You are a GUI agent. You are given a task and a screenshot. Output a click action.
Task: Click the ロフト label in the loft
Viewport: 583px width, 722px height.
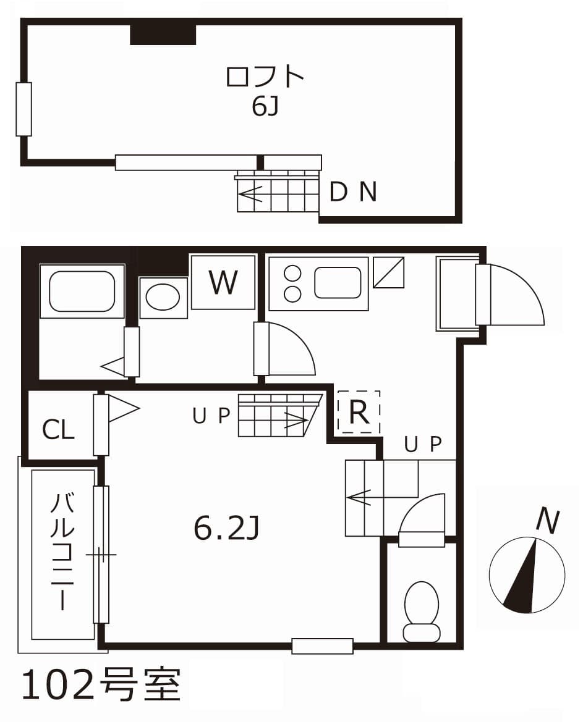265,77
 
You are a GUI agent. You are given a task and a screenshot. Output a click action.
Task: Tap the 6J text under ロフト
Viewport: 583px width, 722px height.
265,107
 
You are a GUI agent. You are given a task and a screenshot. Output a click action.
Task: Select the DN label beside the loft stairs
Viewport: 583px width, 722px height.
353,193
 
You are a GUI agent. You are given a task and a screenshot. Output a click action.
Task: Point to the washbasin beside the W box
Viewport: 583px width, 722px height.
163,298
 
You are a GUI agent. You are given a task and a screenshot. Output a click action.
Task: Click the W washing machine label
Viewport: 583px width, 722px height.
223,282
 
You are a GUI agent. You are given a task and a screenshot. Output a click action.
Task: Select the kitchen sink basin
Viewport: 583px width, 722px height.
338,283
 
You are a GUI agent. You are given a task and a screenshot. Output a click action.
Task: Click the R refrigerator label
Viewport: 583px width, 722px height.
359,412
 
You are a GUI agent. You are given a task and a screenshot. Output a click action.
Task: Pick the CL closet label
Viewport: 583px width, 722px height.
58,430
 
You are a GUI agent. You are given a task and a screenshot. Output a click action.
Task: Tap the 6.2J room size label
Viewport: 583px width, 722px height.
226,529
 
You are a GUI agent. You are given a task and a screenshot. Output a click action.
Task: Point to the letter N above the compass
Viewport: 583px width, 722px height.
547,520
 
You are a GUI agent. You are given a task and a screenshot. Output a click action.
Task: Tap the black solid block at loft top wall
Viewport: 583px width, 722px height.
163,35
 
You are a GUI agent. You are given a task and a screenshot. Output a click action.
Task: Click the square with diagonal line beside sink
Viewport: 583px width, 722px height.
388,272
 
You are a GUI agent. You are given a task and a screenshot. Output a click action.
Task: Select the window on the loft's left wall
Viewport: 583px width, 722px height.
23,109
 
